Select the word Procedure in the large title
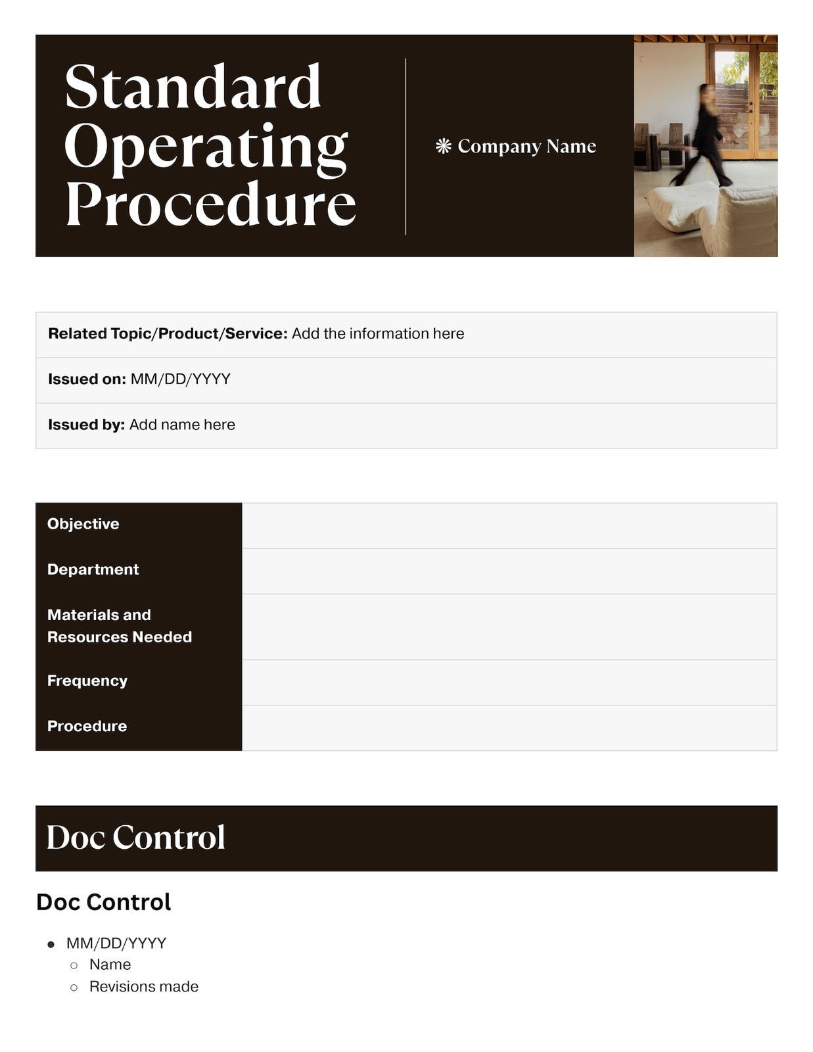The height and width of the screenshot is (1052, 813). click(210, 203)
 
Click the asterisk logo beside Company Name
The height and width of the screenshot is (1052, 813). click(444, 146)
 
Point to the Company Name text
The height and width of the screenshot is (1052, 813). click(526, 146)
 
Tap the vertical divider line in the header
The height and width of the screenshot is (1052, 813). click(406, 146)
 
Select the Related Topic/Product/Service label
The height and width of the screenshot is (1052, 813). click(168, 333)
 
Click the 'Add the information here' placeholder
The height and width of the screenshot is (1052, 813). click(378, 333)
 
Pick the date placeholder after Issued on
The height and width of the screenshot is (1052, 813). click(181, 379)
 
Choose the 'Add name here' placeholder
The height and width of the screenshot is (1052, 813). click(182, 425)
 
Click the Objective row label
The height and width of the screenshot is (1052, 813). click(83, 524)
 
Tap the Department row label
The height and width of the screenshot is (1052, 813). click(93, 569)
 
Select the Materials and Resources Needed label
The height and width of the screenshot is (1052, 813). click(120, 626)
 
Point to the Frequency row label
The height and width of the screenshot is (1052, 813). click(87, 681)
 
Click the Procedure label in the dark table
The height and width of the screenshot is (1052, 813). click(87, 726)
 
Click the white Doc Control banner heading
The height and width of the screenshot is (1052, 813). click(136, 837)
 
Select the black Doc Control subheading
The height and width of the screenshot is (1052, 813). click(104, 902)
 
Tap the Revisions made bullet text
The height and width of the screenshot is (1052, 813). click(144, 986)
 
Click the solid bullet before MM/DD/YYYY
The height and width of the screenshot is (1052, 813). click(51, 944)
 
